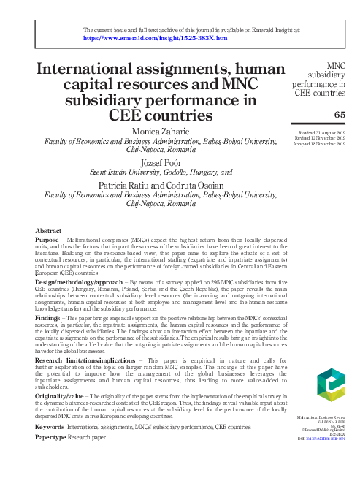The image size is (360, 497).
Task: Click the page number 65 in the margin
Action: [x=340, y=115]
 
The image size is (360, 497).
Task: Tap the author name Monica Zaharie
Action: [x=159, y=131]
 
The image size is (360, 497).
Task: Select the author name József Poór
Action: [x=159, y=162]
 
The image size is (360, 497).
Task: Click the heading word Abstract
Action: [x=48, y=231]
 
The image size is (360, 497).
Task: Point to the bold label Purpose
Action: [x=47, y=240]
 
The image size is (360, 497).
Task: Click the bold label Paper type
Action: [x=52, y=437]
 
